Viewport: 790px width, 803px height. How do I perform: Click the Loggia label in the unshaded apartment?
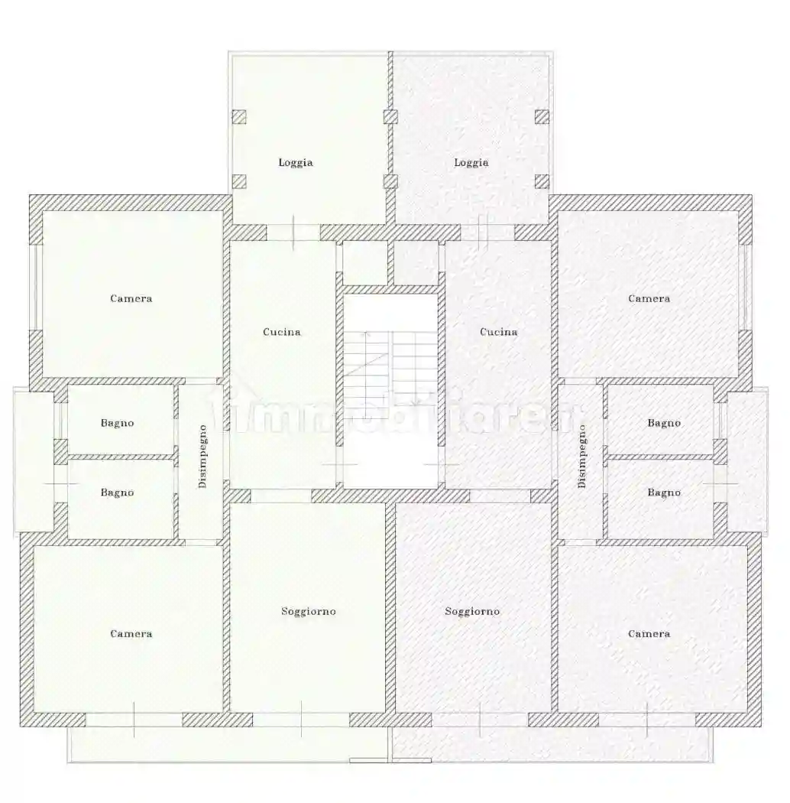296,162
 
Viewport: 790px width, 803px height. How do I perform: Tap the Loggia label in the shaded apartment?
471,162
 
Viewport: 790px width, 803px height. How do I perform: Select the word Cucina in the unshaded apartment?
282,332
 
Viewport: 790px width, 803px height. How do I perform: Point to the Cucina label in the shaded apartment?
499,332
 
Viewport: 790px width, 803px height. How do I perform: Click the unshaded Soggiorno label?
309,611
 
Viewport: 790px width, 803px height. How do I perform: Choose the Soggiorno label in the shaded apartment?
473,611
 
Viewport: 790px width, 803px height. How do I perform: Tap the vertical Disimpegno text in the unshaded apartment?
202,457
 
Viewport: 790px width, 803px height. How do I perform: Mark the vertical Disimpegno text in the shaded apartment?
581,457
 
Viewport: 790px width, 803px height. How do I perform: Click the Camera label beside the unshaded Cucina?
131,298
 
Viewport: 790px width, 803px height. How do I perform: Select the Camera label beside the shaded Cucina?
649,298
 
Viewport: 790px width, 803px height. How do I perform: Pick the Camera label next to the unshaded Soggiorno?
131,633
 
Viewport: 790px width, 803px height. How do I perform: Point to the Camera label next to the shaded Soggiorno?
649,633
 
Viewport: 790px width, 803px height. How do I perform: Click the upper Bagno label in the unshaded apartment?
118,423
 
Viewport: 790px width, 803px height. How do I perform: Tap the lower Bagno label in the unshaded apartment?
118,493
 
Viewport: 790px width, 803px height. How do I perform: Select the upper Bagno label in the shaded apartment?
664,423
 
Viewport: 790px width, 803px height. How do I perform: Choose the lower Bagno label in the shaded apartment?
664,493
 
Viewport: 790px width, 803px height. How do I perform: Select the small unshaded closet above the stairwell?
364,263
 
